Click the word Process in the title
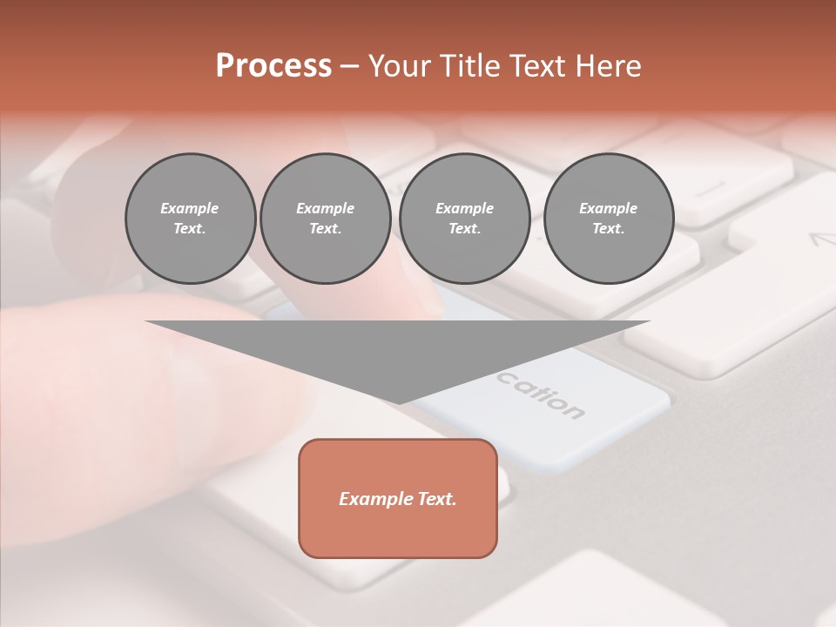273,66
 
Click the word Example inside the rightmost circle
608,208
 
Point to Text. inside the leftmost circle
190,229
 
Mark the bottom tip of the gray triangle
398,402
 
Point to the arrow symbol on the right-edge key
822,239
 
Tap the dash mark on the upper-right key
711,188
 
